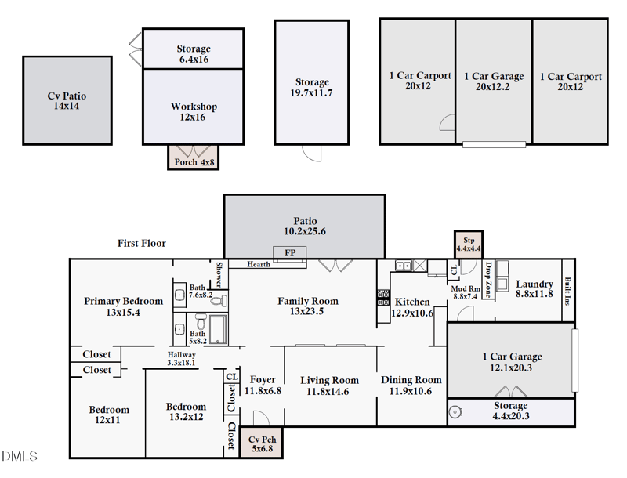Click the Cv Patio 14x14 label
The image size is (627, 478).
[x=67, y=101]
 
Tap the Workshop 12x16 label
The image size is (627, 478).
[x=194, y=112]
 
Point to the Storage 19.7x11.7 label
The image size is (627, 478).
[x=312, y=88]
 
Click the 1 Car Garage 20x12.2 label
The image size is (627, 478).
[x=494, y=82]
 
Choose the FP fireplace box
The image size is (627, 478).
[x=290, y=252]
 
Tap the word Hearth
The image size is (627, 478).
[x=259, y=265]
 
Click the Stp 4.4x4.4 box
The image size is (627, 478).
[x=469, y=244]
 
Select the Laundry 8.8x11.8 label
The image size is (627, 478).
[x=535, y=289]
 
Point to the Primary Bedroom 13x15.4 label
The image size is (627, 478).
[x=124, y=306]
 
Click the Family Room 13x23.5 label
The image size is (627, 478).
[x=308, y=306]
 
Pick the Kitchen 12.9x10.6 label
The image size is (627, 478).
[x=412, y=307]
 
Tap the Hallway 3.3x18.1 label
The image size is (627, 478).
[x=182, y=359]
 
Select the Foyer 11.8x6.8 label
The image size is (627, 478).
[x=263, y=385]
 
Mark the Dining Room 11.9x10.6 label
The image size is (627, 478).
[x=411, y=386]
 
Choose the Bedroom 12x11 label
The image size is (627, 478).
[x=109, y=415]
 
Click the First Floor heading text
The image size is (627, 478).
[x=142, y=244]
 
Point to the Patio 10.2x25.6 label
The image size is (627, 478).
[x=305, y=226]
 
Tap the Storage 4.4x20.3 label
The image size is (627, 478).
[x=510, y=411]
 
